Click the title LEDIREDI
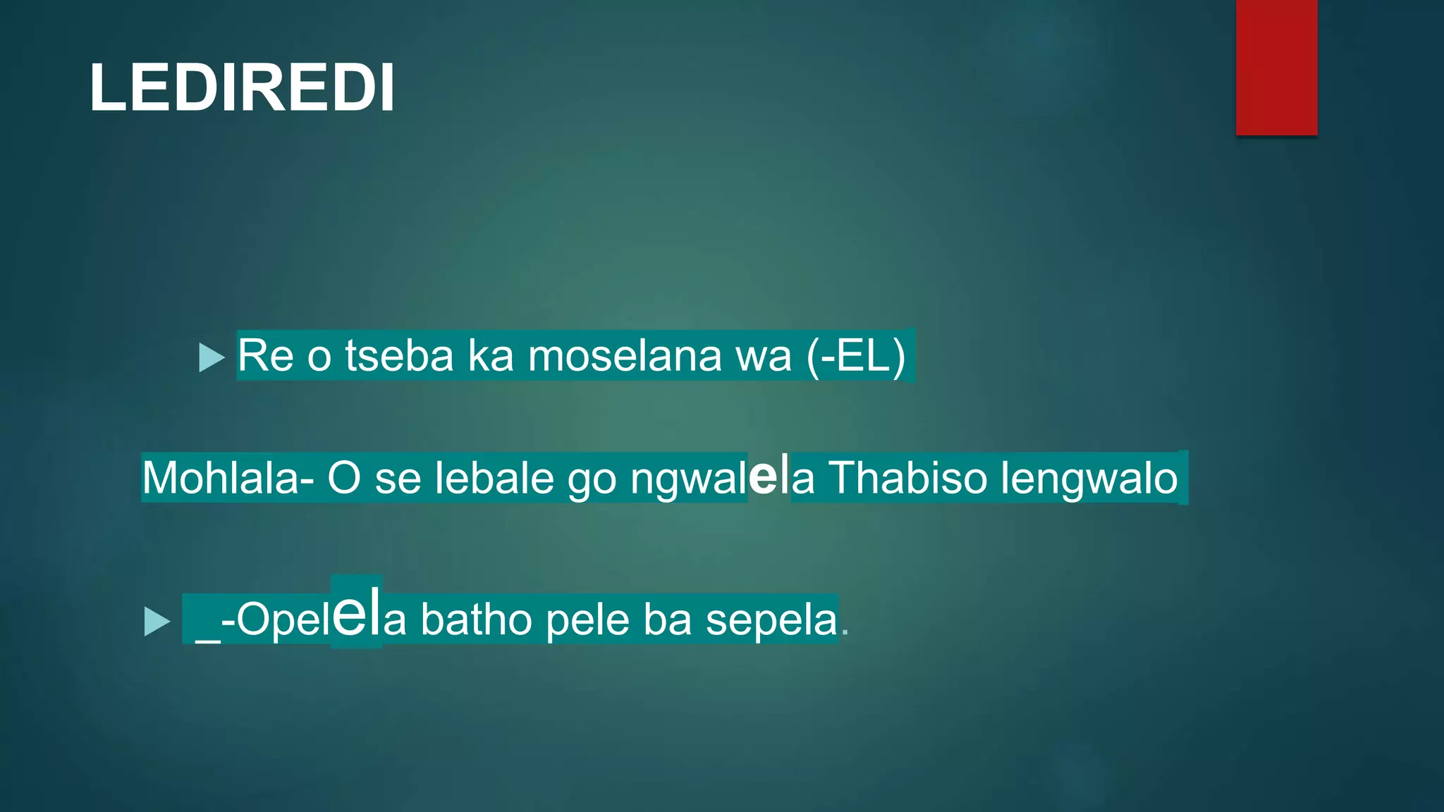242,88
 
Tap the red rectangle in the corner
1276,67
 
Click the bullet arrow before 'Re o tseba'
211,357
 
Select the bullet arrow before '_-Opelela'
157,622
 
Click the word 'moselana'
624,355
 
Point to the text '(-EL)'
856,355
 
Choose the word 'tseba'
399,355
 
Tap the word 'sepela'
771,620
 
